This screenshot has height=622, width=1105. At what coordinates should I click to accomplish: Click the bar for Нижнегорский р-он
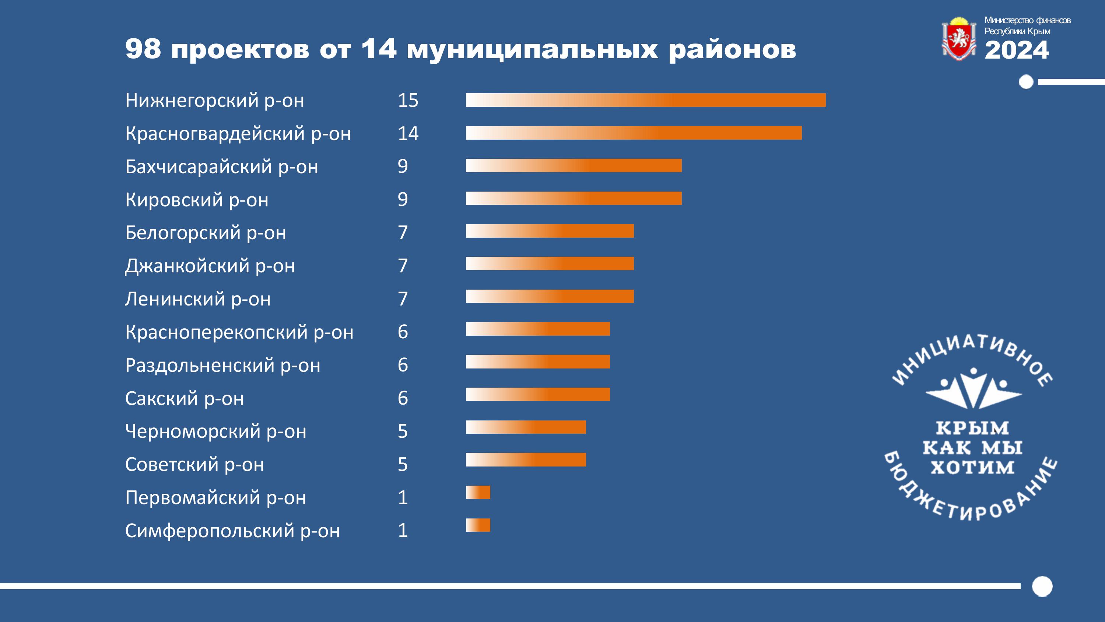[x=646, y=100]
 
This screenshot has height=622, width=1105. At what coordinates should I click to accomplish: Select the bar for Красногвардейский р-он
[x=634, y=133]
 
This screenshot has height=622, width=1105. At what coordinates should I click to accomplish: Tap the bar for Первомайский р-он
[x=478, y=492]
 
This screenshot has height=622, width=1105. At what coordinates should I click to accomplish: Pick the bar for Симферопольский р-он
[x=478, y=525]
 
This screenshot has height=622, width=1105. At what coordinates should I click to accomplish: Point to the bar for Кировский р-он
[x=573, y=198]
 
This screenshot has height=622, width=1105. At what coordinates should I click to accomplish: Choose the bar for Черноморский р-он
[x=526, y=427]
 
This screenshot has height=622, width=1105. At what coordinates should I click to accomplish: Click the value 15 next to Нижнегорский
[x=408, y=101]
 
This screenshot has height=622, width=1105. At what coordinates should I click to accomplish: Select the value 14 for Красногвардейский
[x=408, y=133]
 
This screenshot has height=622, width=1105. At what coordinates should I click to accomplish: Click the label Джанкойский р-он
[x=210, y=266]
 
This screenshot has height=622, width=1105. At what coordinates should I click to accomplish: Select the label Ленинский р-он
[x=198, y=299]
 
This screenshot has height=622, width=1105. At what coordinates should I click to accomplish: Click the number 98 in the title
[x=143, y=49]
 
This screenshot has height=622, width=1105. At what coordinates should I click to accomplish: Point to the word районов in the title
[x=732, y=50]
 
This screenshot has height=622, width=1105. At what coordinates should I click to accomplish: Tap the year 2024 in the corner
[x=1016, y=50]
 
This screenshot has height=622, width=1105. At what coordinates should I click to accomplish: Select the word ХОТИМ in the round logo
[x=972, y=467]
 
